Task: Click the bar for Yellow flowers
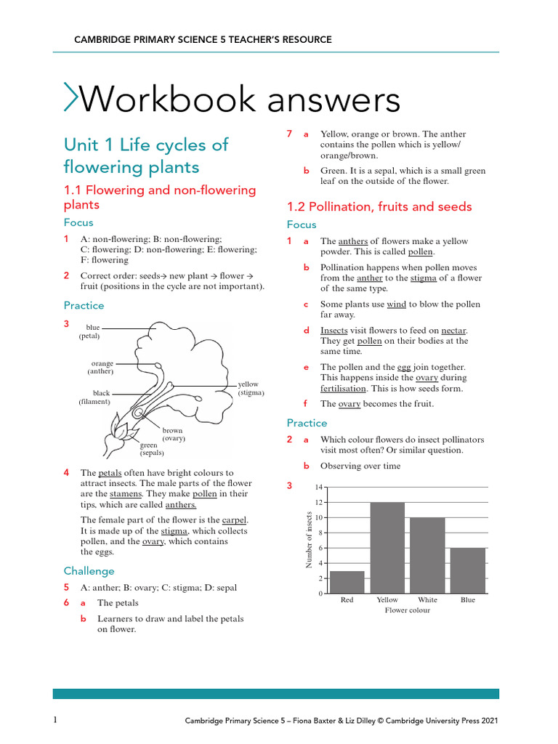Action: (387, 548)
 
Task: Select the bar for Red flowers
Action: (347, 582)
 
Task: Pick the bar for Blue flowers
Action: (468, 570)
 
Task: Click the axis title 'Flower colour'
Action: (407, 610)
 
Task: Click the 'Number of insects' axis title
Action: (308, 540)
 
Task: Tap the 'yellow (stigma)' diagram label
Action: (251, 388)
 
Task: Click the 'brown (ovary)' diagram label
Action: (173, 434)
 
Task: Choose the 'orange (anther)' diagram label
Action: (101, 367)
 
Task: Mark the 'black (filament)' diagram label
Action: (95, 397)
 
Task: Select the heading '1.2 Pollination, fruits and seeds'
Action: (379, 206)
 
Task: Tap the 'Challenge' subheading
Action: (89, 571)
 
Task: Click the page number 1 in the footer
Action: (55, 720)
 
